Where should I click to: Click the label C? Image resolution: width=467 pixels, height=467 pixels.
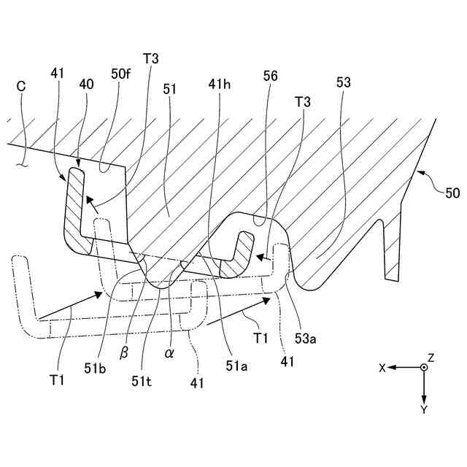coord(21,85)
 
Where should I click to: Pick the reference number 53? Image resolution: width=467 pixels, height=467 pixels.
coord(343,84)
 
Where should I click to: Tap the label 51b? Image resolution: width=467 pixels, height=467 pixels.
coord(95,368)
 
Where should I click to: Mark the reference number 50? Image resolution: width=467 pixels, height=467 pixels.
coord(452,193)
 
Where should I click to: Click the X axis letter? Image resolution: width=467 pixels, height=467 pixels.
coord(382,368)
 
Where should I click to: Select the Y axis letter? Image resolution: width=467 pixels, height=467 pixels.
coord(423,409)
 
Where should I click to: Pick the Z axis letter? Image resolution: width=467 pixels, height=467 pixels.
coord(431,358)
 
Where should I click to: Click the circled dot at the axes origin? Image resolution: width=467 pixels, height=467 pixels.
coord(423,368)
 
